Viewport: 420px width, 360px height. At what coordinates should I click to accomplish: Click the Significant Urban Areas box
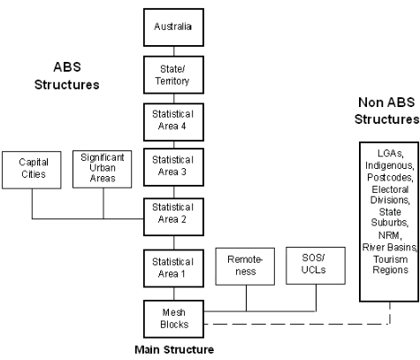pos(103,168)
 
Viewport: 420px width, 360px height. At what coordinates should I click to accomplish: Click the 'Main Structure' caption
pos(173,349)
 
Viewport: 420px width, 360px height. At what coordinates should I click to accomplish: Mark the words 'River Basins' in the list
pos(383,247)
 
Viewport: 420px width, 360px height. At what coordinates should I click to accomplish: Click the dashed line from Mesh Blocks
pos(292,326)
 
